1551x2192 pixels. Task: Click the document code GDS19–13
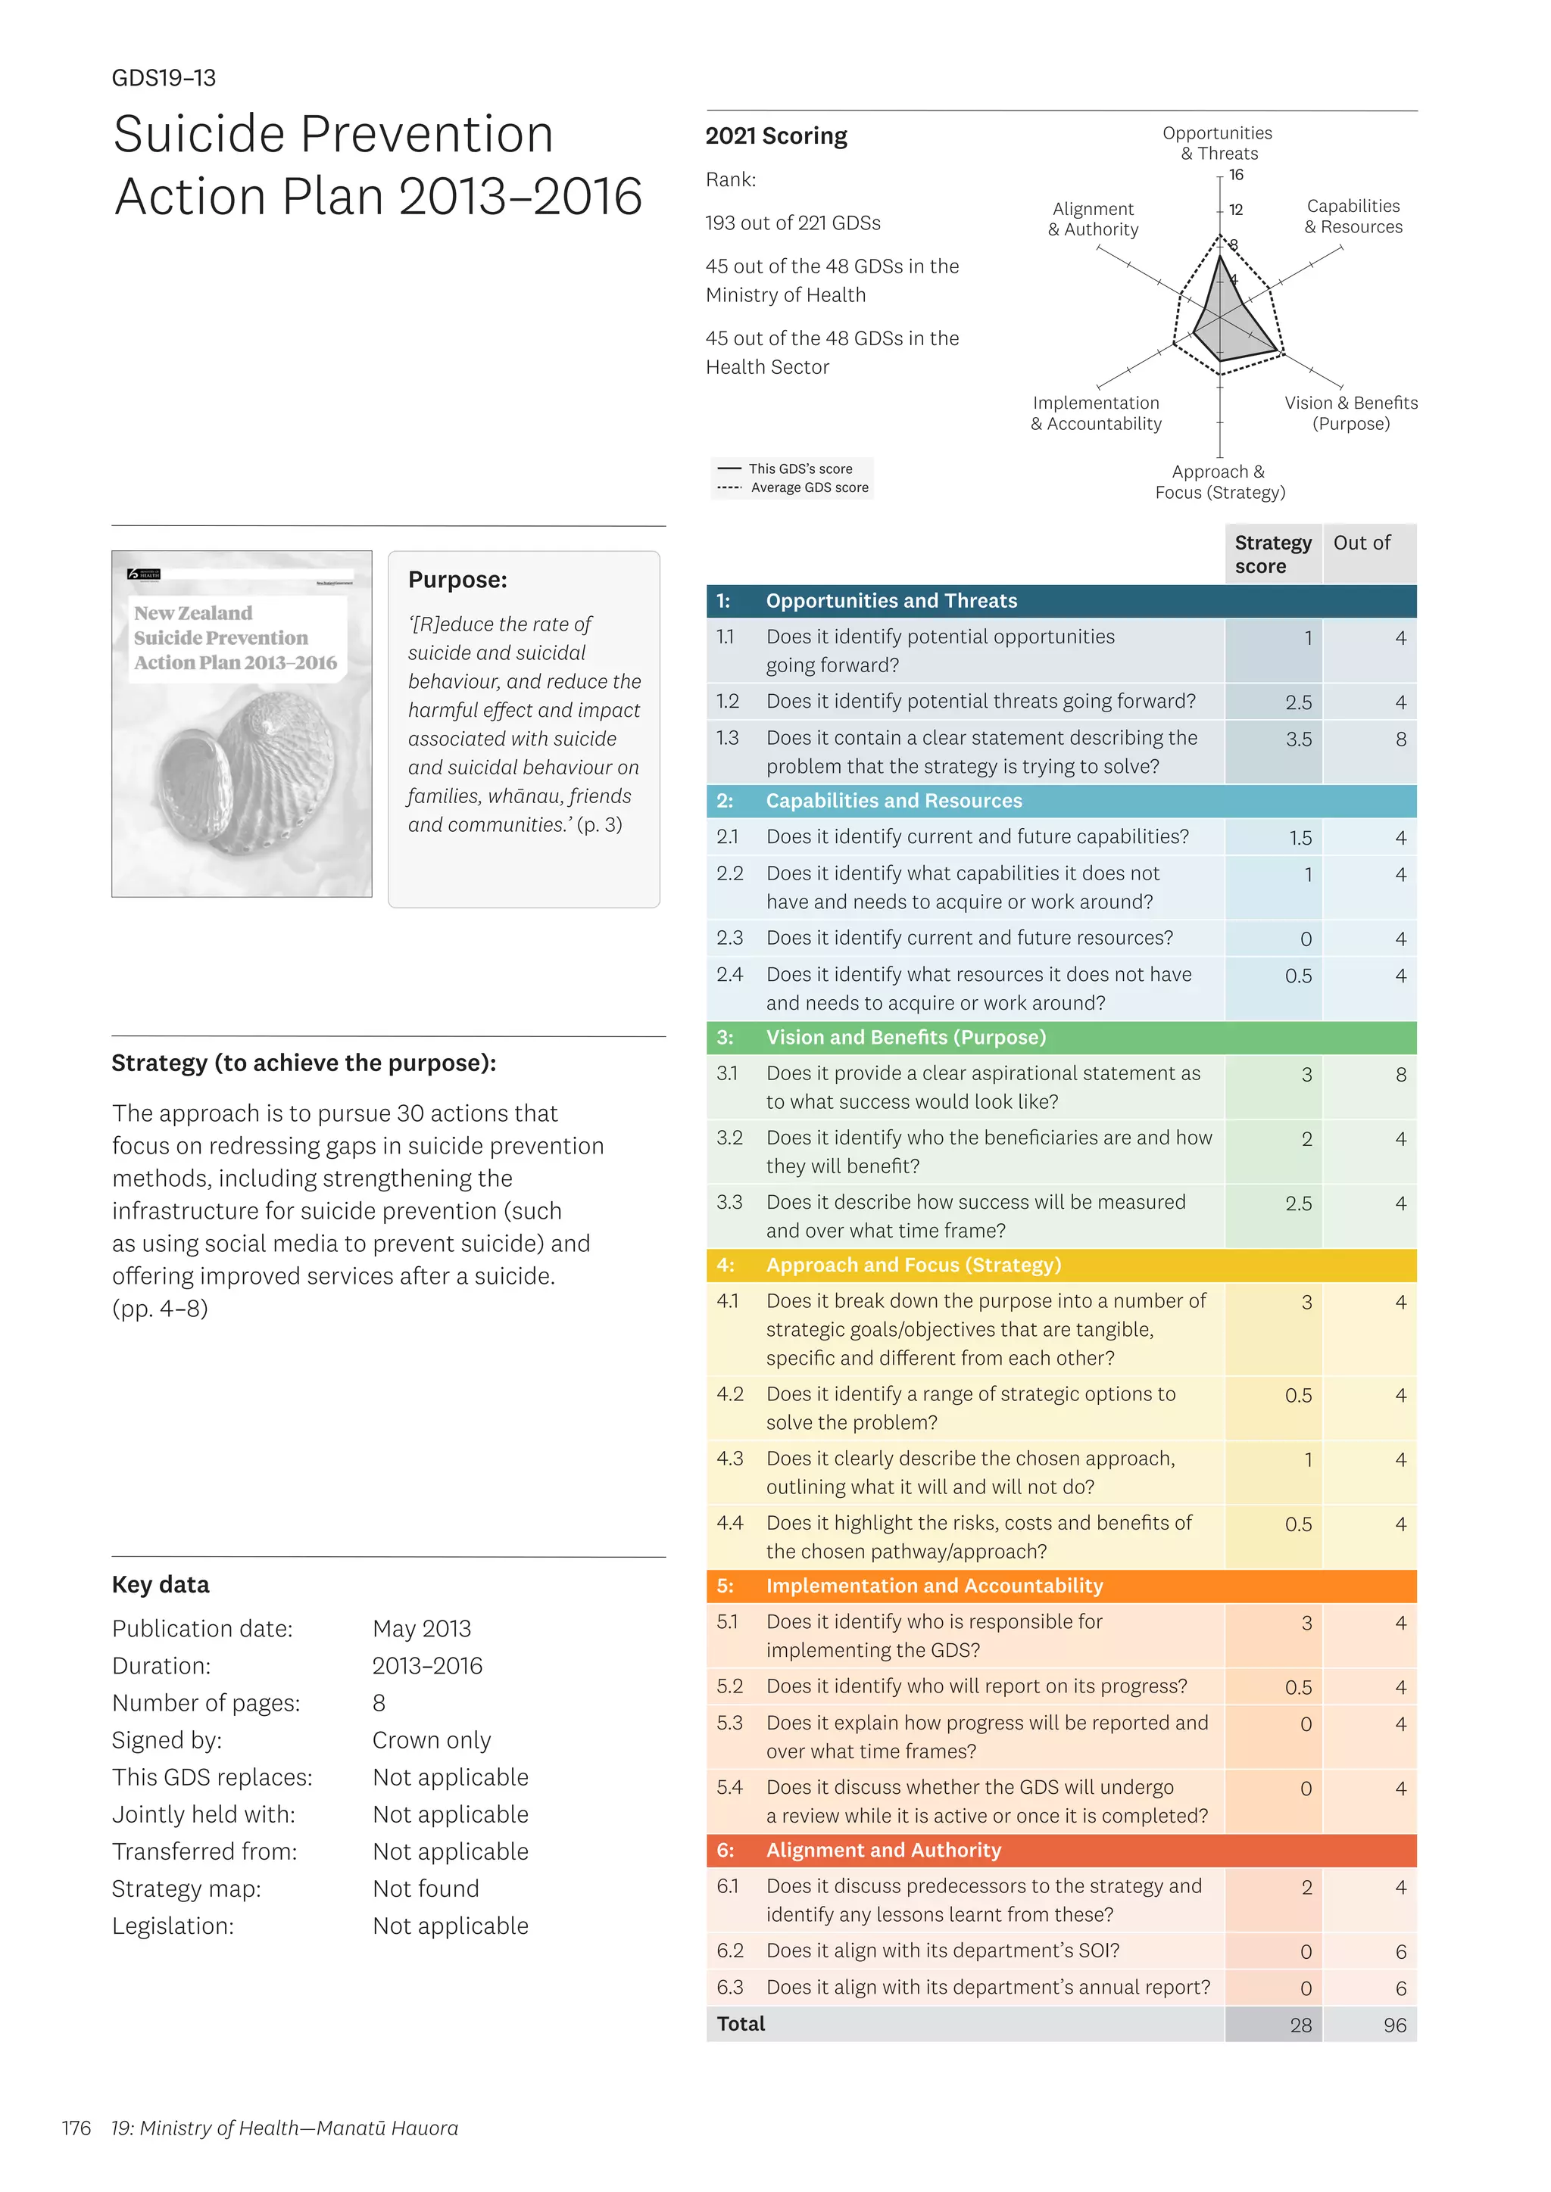(164, 78)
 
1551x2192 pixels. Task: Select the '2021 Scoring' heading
(775, 136)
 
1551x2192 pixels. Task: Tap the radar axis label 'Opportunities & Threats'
(1217, 143)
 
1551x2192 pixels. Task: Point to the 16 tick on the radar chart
(1236, 175)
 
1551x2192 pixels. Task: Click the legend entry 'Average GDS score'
(809, 488)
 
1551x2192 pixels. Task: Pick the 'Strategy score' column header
(1272, 554)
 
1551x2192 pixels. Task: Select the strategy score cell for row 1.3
(1298, 739)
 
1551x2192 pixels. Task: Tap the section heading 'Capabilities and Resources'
(893, 801)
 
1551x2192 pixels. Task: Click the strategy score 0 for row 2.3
(1306, 939)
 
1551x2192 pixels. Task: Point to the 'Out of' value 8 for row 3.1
(1400, 1075)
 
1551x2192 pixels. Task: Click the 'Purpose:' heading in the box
(457, 581)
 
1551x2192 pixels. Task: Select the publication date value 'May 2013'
(421, 1629)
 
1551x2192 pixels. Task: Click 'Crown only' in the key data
(431, 1740)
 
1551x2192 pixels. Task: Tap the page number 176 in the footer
(76, 2128)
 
